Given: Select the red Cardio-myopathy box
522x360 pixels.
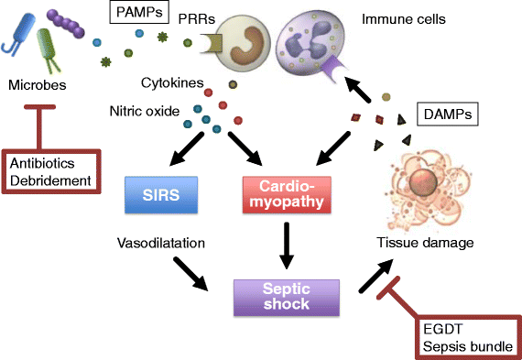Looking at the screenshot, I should click(286, 196).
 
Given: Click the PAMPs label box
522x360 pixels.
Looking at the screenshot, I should click(138, 14).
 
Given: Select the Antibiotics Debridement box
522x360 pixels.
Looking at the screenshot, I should click(51, 171).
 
